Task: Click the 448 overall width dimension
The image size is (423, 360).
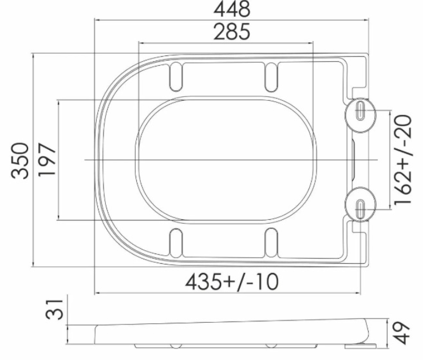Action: [x=232, y=9]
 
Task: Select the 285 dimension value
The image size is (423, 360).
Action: [x=232, y=31]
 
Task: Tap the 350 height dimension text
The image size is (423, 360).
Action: [x=20, y=161]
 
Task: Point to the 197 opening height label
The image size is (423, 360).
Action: [x=47, y=160]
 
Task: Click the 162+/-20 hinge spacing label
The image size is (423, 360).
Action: [x=403, y=160]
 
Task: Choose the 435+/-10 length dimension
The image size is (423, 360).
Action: [x=232, y=282]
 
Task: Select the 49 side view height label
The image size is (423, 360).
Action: [x=402, y=333]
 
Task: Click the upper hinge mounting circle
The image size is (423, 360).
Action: [x=361, y=115]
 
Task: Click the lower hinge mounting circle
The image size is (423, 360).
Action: [x=361, y=204]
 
